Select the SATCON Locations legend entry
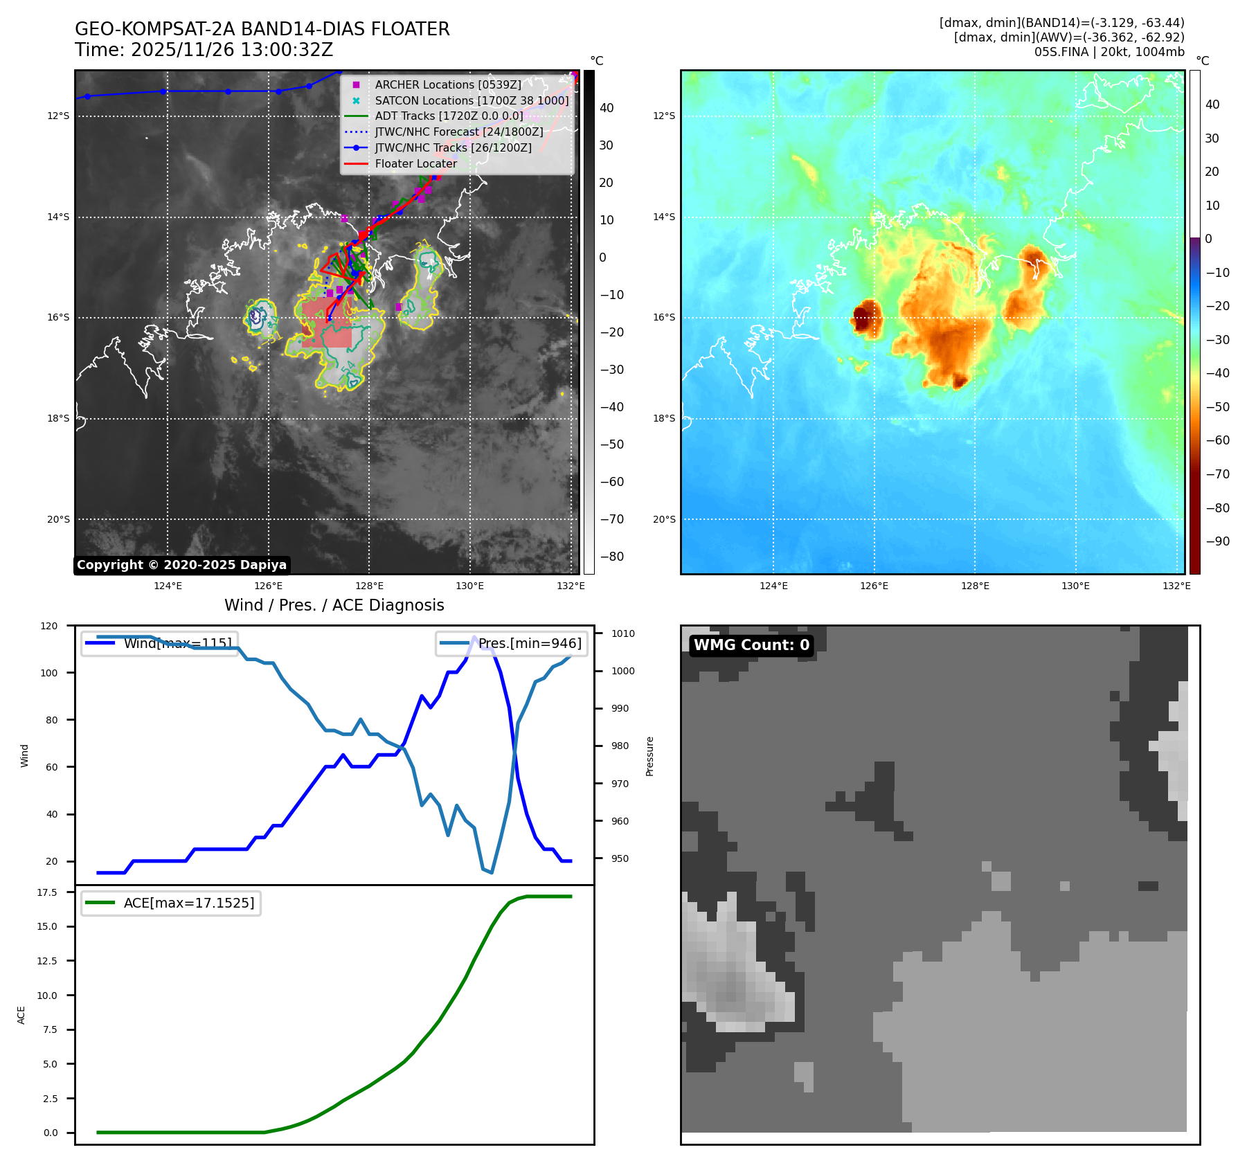pos(472,100)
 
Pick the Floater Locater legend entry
pos(415,164)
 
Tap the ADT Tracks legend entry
pos(449,116)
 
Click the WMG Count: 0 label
pos(751,645)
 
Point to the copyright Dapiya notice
pos(181,565)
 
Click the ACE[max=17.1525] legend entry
pos(188,903)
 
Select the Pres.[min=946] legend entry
pos(530,643)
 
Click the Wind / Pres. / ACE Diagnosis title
pos(334,605)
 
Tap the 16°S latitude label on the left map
pos(58,318)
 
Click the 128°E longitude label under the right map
pos(975,586)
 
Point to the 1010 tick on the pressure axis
pos(623,633)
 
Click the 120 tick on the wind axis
pos(49,626)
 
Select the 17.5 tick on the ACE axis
pos(47,892)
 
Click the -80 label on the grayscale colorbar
pos(611,557)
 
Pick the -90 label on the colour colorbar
pos(1217,541)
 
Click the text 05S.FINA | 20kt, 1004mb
pos(1109,52)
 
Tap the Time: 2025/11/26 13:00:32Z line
pos(204,51)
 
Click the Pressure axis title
pos(649,756)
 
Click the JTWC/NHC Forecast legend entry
pos(458,132)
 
